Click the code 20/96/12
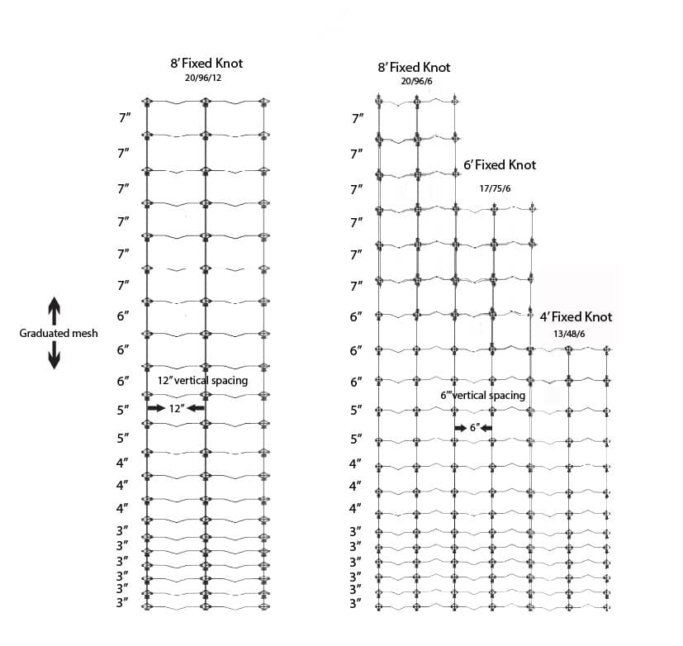click(x=204, y=78)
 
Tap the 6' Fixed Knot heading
click(x=500, y=165)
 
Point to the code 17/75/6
click(x=496, y=188)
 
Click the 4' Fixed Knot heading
click(x=576, y=317)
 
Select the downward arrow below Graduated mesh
click(x=55, y=357)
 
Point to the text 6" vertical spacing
click(x=482, y=396)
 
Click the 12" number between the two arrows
click(x=176, y=408)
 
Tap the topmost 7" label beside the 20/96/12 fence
click(x=124, y=118)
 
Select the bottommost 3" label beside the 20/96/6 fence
click(x=357, y=604)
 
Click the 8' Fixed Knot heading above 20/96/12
click(x=206, y=63)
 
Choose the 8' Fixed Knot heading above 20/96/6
click(x=414, y=67)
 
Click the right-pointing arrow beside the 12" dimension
click(x=155, y=408)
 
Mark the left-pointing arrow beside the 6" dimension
click(x=487, y=428)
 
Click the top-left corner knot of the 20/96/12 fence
click(x=147, y=102)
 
